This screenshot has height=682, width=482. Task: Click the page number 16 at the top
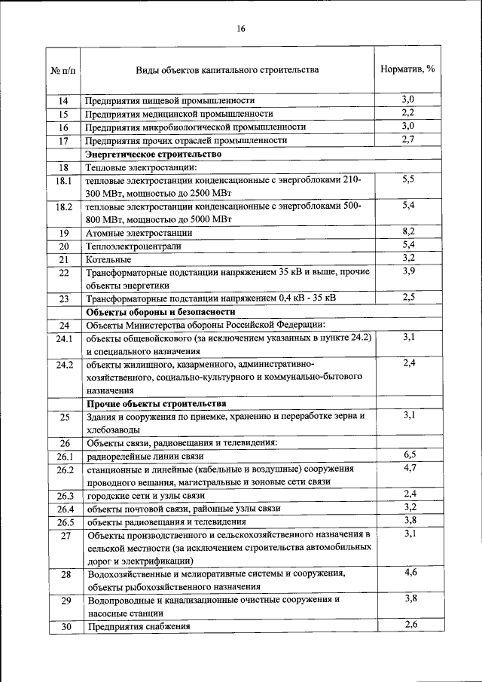point(241,29)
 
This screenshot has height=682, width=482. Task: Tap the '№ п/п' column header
point(63,70)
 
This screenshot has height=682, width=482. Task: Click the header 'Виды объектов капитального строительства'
point(227,70)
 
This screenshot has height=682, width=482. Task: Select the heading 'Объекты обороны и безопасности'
point(161,311)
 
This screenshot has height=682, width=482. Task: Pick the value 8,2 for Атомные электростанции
point(409,231)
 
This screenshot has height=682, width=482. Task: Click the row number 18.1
point(63,181)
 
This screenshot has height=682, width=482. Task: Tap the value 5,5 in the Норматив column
point(409,179)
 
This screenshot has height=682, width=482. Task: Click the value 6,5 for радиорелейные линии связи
point(410,454)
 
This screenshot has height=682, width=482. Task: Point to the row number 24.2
point(63,365)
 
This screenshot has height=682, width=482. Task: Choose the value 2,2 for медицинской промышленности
point(409,112)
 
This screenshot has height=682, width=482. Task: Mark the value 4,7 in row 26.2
point(410,469)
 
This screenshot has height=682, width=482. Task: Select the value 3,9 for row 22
point(409,271)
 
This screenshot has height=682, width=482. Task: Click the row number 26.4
point(63,509)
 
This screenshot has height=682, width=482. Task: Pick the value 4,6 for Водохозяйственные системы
point(410,573)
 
